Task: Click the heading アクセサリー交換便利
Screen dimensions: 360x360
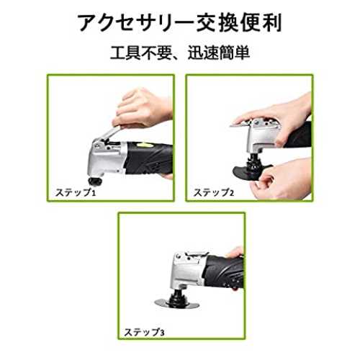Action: (x=180, y=23)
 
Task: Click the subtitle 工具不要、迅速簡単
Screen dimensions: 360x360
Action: (x=180, y=53)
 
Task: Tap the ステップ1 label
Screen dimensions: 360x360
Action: (x=76, y=192)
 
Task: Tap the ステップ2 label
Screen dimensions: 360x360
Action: (x=214, y=192)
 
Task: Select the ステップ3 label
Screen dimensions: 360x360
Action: (x=144, y=332)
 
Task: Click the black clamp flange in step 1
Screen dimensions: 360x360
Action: (x=95, y=181)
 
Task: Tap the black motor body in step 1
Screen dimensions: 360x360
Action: (x=149, y=158)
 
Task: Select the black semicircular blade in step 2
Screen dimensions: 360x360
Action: (x=250, y=172)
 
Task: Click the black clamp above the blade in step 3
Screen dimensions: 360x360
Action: (x=178, y=296)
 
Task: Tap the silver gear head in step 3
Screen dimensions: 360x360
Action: (x=187, y=270)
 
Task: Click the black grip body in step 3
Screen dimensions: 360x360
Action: (x=225, y=271)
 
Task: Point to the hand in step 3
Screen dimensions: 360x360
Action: (x=235, y=253)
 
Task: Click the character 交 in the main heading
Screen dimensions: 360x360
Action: (x=207, y=23)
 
